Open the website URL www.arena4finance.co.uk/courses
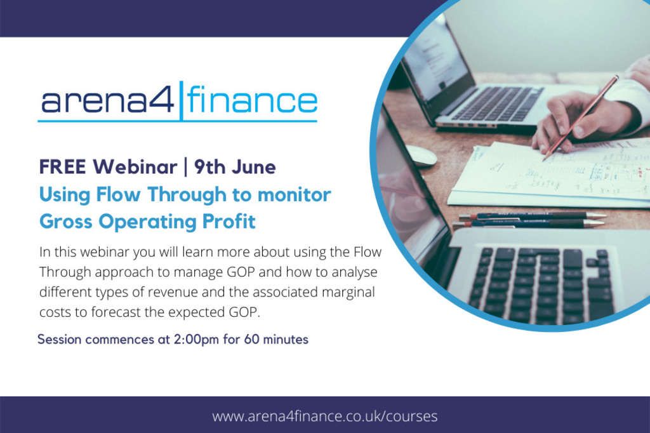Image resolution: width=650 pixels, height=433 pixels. pyautogui.click(x=325, y=416)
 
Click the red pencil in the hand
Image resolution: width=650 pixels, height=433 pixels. pyautogui.click(x=581, y=117)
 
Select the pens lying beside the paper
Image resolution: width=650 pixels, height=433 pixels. pyautogui.click(x=530, y=220)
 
